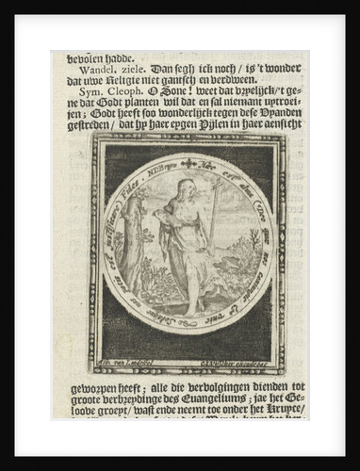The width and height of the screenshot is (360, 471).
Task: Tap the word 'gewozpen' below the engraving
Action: [x=82, y=387]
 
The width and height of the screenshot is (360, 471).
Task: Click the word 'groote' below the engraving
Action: [x=75, y=400]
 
